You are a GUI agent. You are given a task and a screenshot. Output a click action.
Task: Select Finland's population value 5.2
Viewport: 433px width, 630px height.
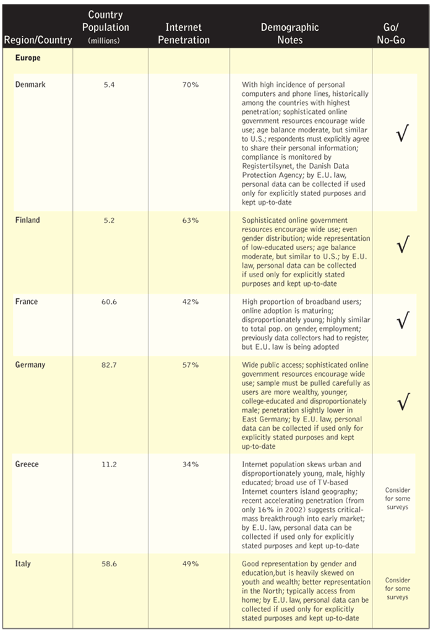click(109, 220)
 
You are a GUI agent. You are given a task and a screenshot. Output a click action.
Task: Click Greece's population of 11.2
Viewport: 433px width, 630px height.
click(109, 465)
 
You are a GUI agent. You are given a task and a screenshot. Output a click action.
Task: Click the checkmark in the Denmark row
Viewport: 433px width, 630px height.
click(402, 134)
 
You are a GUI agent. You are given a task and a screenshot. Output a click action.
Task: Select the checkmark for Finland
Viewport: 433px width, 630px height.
click(402, 246)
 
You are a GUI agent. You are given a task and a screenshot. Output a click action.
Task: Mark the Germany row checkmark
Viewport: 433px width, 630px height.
click(402, 402)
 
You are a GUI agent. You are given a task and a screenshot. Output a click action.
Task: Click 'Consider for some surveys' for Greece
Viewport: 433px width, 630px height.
click(397, 499)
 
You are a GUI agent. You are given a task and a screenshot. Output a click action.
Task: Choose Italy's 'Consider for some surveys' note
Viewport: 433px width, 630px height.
click(397, 589)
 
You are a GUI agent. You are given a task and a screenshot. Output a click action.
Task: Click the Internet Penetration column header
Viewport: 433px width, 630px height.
click(184, 33)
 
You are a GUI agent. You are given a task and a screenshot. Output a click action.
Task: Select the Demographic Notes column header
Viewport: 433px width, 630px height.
click(289, 33)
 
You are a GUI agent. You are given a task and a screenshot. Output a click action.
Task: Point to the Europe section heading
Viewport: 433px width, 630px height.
click(28, 58)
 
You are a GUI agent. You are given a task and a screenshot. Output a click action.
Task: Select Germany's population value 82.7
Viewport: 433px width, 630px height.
click(109, 366)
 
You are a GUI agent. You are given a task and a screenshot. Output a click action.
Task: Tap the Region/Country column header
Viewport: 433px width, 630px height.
click(38, 40)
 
